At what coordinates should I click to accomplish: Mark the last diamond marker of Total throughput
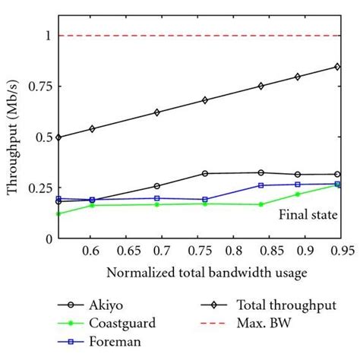click(x=337, y=67)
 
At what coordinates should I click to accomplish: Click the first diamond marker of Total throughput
click(x=58, y=137)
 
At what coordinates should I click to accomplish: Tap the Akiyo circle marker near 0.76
click(x=204, y=173)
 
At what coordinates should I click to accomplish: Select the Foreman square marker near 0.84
click(x=261, y=185)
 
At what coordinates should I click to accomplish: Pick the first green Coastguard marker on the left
click(x=58, y=213)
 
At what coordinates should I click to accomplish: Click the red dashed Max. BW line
click(x=197, y=36)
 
